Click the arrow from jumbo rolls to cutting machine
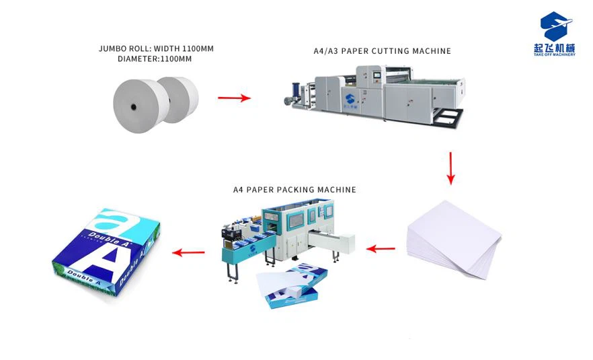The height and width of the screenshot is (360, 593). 233,98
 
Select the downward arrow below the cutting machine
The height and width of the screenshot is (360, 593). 450,168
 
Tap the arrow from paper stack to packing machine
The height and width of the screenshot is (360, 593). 381,248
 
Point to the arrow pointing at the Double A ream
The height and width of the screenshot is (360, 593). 188,253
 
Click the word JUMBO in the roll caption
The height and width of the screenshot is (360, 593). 112,48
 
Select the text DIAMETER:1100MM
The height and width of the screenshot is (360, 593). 155,59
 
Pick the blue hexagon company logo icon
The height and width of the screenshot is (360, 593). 556,26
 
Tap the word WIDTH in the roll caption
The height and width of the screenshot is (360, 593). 168,48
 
